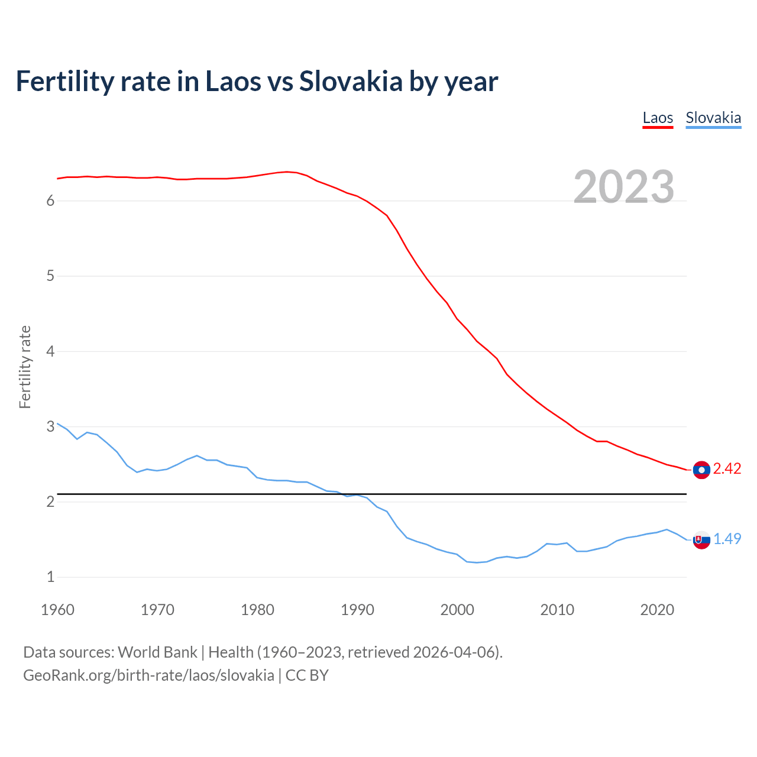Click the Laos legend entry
pos(658,118)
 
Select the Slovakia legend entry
pos(713,118)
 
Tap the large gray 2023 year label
pos(624,187)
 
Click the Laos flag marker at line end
pos(701,470)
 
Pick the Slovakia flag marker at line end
pos(701,539)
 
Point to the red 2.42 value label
pos(727,469)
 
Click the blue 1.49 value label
pos(727,539)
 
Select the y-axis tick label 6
pos(51,201)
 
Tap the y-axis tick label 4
pos(51,352)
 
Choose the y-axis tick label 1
pos(51,577)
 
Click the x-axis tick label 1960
pos(57,610)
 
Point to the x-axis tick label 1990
pos(357,610)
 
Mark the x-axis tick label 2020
pos(657,610)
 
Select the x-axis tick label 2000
pos(457,610)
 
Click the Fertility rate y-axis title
pos(25,367)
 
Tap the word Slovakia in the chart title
pos(351,81)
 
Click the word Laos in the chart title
pos(232,81)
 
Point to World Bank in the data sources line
pos(157,652)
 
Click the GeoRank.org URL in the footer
pos(148,675)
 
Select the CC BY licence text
pos(307,675)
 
